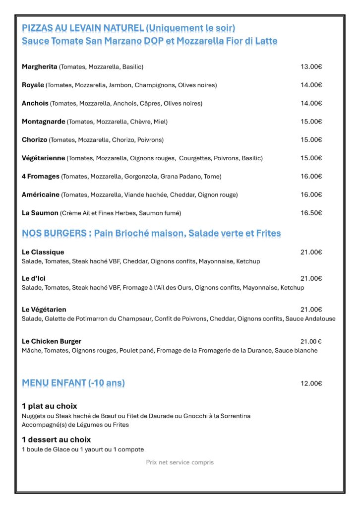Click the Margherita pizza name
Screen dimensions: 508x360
40,66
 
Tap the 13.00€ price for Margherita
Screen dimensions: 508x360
311,66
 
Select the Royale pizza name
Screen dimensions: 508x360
33,85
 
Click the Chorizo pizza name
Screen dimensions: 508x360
34,140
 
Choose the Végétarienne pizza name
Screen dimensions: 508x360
44,158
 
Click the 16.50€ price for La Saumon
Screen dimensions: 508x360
311,213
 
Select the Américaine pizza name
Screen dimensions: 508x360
41,194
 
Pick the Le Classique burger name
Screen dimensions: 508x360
43,252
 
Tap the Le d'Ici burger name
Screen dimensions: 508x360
34,278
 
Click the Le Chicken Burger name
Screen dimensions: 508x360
52,341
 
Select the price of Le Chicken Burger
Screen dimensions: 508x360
311,341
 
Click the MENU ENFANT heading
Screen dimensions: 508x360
73,383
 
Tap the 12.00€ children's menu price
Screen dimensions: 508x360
311,383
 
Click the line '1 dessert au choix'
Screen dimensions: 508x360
56,440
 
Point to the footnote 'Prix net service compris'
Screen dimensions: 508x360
180,462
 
